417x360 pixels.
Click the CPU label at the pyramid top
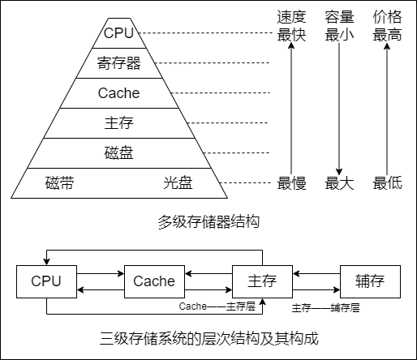point(118,33)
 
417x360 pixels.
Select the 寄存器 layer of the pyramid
point(118,62)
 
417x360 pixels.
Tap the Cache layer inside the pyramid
point(118,92)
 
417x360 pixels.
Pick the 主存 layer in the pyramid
point(118,123)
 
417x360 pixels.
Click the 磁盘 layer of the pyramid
point(118,153)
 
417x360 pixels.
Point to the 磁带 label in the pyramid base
point(59,183)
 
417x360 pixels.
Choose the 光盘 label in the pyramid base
point(178,183)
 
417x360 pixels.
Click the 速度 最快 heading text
point(291,26)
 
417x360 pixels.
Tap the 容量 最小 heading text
point(339,26)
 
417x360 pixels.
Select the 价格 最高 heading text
point(387,26)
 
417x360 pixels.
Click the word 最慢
point(291,183)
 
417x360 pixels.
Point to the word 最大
point(339,183)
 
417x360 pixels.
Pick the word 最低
point(387,183)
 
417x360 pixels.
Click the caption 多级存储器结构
point(208,221)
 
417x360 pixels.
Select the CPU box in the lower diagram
point(46,281)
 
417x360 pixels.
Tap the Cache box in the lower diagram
point(153,281)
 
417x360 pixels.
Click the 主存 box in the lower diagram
point(261,281)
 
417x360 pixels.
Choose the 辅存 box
point(369,281)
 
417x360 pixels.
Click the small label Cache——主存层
point(217,308)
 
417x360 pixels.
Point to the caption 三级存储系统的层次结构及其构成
point(208,339)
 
